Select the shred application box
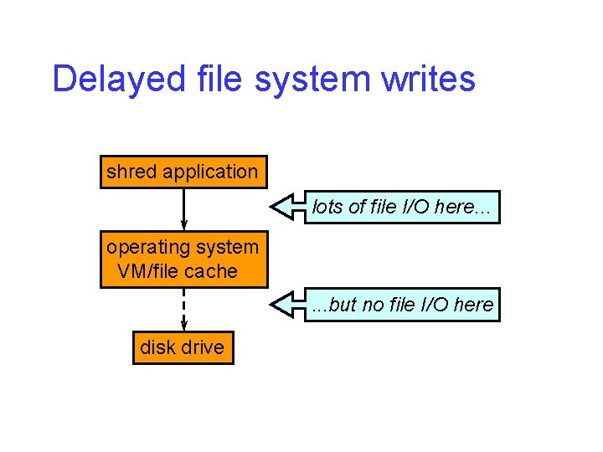click(183, 172)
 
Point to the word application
click(210, 172)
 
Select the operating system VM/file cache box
click(183, 259)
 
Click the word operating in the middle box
click(146, 247)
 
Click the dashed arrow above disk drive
click(183, 309)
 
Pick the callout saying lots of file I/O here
click(404, 207)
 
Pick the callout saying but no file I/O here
click(404, 305)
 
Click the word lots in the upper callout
click(327, 207)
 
